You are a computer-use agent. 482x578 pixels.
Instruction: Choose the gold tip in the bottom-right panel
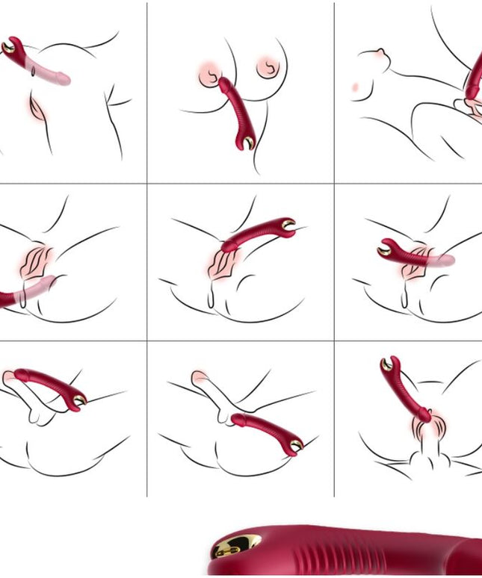coord(387,365)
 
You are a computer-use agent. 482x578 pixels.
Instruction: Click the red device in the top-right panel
coord(474,78)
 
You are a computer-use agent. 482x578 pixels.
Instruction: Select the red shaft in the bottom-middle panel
coord(262,428)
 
